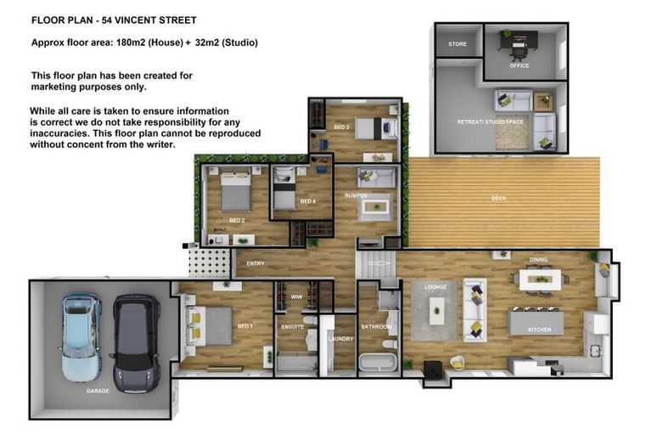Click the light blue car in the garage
tap(82, 337)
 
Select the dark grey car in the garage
tap(136, 344)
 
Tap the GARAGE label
tap(98, 392)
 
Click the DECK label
tap(498, 199)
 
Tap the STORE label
tap(458, 43)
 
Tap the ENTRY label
tap(256, 263)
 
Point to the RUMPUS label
tap(356, 195)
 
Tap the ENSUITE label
tap(293, 326)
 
